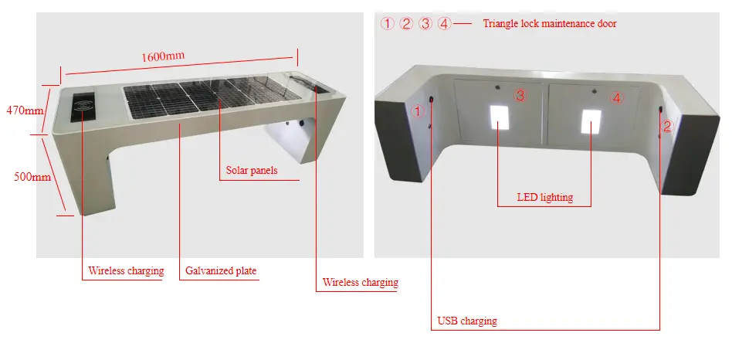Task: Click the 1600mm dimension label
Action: (163, 57)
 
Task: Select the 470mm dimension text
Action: (25, 110)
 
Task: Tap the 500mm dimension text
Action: (32, 177)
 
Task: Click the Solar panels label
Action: (251, 170)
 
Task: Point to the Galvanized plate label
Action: (221, 271)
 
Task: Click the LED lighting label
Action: (545, 197)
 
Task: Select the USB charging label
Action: (467, 321)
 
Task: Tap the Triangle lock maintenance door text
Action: (550, 23)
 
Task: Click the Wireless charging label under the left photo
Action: (126, 271)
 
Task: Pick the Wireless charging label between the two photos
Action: (360, 283)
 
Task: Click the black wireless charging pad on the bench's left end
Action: (82, 108)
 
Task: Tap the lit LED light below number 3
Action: (500, 117)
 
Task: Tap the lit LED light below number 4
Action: (591, 120)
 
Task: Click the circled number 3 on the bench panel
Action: (520, 95)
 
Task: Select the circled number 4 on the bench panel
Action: (615, 97)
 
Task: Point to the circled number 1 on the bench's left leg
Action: (418, 111)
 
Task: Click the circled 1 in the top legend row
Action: (388, 23)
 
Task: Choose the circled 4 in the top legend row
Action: (444, 23)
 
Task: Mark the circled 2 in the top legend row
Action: (407, 23)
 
